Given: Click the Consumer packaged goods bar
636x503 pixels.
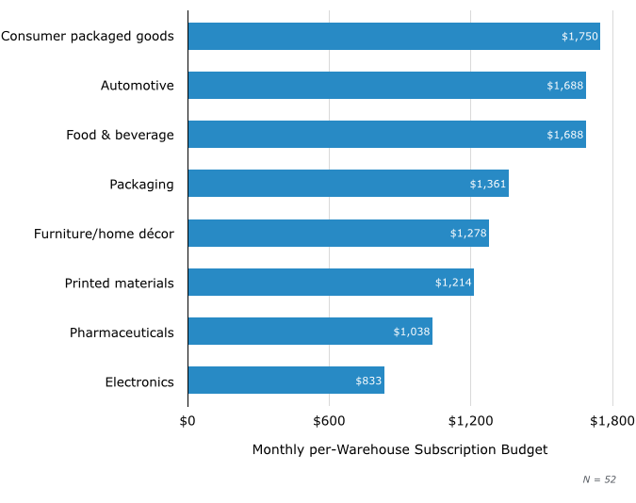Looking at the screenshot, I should click(x=394, y=37).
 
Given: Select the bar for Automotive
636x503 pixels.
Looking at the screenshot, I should click(x=386, y=86).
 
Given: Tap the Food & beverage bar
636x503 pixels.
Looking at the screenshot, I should click(x=386, y=135).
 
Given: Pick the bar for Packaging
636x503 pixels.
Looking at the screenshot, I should click(x=348, y=184).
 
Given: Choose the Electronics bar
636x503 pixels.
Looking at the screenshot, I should click(x=285, y=381).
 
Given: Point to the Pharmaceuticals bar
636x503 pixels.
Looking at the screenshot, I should click(x=310, y=332).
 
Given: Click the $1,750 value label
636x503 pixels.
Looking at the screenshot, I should click(x=579, y=37).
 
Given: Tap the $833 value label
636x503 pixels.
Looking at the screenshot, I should click(x=368, y=381).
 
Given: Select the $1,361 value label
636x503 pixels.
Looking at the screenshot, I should click(x=488, y=184).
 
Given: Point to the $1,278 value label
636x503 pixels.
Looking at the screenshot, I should click(x=468, y=233).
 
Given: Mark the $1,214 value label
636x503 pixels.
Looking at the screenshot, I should click(x=453, y=283).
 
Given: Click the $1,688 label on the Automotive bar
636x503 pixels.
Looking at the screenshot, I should click(x=565, y=86).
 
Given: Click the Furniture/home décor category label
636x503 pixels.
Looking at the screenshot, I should click(x=104, y=234).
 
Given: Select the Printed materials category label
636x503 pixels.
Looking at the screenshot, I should click(x=119, y=284).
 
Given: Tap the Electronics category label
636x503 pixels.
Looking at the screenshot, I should click(x=139, y=381).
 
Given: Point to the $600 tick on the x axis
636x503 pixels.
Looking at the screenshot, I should click(x=329, y=420).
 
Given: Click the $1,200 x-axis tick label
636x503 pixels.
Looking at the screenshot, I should click(x=470, y=420).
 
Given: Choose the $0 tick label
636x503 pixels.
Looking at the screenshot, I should click(x=188, y=420).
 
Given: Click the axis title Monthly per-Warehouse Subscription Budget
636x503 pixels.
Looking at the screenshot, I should click(x=400, y=449).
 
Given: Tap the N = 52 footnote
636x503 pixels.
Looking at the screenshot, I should click(x=598, y=479).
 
